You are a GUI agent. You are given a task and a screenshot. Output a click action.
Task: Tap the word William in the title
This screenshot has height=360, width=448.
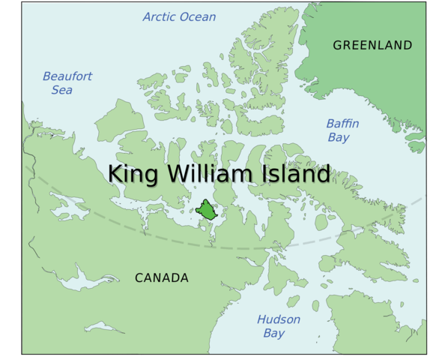201,173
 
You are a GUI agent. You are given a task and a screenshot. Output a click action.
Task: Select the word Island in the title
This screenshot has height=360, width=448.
289,173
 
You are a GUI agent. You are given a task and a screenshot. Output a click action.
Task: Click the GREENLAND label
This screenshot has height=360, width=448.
372,45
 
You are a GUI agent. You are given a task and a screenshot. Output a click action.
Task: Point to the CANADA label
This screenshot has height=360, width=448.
162,278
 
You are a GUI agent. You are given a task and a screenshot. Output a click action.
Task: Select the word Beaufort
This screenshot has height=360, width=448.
67,76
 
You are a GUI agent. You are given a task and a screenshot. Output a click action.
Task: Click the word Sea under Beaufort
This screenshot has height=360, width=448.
61,90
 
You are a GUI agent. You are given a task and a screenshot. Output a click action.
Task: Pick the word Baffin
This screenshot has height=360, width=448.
342,124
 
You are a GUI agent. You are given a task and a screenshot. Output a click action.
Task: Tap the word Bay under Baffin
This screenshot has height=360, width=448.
338,137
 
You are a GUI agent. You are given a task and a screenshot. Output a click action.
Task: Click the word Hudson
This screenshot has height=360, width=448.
279,319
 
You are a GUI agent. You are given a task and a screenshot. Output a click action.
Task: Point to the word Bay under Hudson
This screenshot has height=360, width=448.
273,333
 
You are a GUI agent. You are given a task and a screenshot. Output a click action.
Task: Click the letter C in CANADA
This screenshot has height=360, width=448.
139,278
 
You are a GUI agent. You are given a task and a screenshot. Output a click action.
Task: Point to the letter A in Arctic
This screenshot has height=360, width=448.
147,16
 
